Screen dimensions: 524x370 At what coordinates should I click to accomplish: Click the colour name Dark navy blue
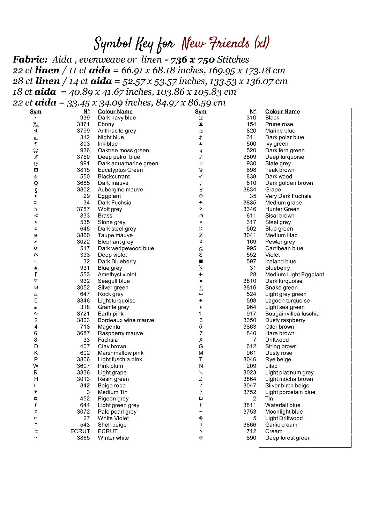click(117, 118)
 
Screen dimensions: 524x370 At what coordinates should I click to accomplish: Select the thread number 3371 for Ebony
click(83, 124)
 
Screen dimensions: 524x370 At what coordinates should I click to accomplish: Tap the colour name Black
click(272, 118)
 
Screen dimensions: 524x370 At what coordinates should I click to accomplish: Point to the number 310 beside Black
click(251, 118)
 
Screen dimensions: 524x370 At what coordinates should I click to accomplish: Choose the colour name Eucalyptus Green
click(120, 170)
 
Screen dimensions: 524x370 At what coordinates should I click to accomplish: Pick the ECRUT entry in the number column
click(80, 431)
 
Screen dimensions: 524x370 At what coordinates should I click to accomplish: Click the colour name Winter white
click(113, 438)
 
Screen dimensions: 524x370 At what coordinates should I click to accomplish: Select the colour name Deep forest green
click(288, 438)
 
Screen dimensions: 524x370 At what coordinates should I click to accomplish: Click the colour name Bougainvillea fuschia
click(292, 314)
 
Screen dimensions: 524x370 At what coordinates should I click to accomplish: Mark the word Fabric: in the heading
click(30, 60)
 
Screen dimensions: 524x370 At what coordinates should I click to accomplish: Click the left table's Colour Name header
click(115, 112)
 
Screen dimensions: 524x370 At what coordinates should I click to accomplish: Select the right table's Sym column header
click(200, 112)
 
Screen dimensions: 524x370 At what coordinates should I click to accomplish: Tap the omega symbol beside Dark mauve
click(36, 183)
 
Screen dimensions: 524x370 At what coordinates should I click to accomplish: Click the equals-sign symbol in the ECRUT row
click(36, 431)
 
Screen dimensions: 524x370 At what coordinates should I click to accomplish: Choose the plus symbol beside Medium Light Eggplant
click(201, 275)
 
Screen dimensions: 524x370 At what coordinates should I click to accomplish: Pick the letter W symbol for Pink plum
click(36, 366)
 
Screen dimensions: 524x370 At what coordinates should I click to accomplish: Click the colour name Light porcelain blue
click(290, 392)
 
